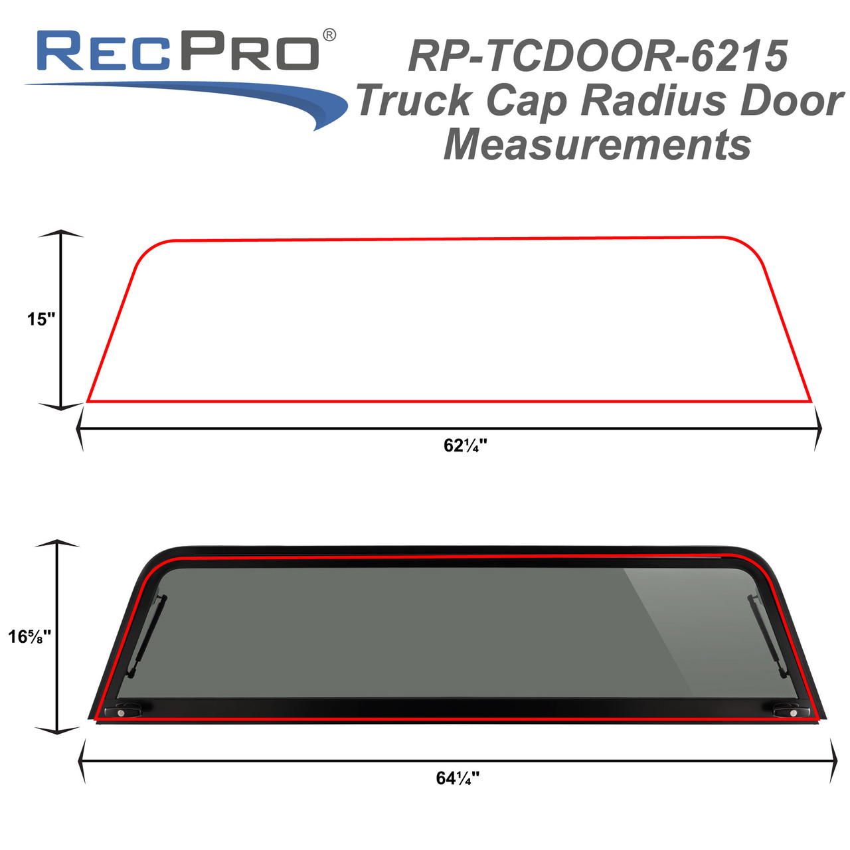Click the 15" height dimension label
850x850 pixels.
coord(41,319)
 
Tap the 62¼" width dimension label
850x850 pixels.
coord(465,446)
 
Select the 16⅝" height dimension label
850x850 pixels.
coord(29,637)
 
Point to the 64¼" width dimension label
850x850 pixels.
coord(458,778)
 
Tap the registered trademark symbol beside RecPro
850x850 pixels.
coord(329,35)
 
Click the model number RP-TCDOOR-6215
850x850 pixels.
coord(598,56)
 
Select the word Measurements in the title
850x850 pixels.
coord(597,145)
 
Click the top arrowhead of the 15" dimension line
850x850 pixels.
coord(61,234)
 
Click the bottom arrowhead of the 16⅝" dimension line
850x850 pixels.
coord(57,730)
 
